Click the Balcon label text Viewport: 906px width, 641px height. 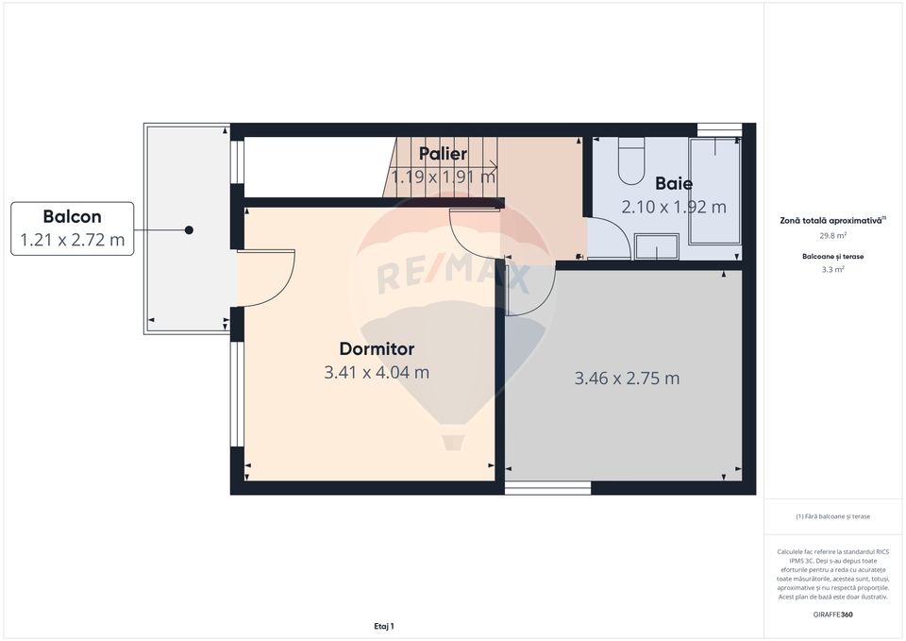click(x=72, y=216)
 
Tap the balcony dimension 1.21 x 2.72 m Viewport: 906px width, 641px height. click(x=72, y=240)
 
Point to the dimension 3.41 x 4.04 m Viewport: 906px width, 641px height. click(x=377, y=372)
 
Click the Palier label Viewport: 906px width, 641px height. click(x=443, y=154)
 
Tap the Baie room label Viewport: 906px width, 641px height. click(x=674, y=184)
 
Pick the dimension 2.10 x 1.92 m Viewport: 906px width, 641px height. click(x=674, y=207)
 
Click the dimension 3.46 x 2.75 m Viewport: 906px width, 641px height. click(x=627, y=379)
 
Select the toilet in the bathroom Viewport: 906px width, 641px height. click(x=630, y=160)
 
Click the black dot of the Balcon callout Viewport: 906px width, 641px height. click(x=190, y=230)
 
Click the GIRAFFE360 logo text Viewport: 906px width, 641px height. click(x=833, y=615)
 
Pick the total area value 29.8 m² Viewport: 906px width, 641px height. click(x=833, y=235)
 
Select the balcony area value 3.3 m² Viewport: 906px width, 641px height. click(x=833, y=269)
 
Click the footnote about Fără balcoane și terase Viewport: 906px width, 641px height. click(x=833, y=516)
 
